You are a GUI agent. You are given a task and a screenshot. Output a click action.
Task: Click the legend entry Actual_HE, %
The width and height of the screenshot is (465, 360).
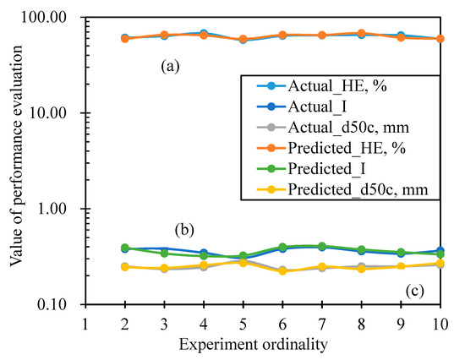pyautogui.click(x=321, y=86)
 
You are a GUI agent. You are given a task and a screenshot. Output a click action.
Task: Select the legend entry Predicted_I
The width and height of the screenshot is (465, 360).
pyautogui.click(x=311, y=169)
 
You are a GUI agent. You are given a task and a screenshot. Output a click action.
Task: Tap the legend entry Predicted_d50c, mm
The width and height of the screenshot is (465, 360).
pyautogui.click(x=342, y=189)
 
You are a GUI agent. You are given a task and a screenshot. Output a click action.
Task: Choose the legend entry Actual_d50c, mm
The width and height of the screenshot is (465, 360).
pyautogui.click(x=332, y=128)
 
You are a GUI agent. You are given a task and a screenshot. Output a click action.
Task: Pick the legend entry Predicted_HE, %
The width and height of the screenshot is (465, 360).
pyautogui.click(x=331, y=148)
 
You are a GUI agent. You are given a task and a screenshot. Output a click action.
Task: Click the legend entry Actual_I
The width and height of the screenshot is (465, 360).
pyautogui.click(x=301, y=106)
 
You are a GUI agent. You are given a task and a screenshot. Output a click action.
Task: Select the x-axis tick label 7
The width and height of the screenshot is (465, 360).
pyautogui.click(x=322, y=325)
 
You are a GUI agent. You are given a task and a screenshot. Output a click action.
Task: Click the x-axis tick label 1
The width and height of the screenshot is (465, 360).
pyautogui.click(x=85, y=325)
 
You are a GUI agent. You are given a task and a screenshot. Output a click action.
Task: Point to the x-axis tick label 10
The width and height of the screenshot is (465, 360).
pyautogui.click(x=440, y=325)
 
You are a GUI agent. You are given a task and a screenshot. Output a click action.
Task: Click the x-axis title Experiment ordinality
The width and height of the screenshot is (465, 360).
pyautogui.click(x=253, y=345)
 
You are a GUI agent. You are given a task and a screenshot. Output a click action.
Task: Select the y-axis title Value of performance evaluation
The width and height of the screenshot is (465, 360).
pyautogui.click(x=15, y=156)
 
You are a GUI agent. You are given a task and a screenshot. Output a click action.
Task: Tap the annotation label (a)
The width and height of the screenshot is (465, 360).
pyautogui.click(x=170, y=66)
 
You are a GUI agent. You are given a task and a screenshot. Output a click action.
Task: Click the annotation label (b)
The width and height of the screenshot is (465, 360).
pyautogui.click(x=184, y=231)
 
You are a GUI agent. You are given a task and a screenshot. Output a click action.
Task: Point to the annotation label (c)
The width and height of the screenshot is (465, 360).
pyautogui.click(x=414, y=292)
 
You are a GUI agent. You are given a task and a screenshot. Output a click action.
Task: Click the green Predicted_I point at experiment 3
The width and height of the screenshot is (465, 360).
pyautogui.click(x=164, y=254)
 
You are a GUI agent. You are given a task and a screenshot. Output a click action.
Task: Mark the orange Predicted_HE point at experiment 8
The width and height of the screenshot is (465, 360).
pyautogui.click(x=361, y=33)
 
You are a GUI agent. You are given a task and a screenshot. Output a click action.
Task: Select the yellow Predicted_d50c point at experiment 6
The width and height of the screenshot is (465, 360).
pyautogui.click(x=282, y=270)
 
